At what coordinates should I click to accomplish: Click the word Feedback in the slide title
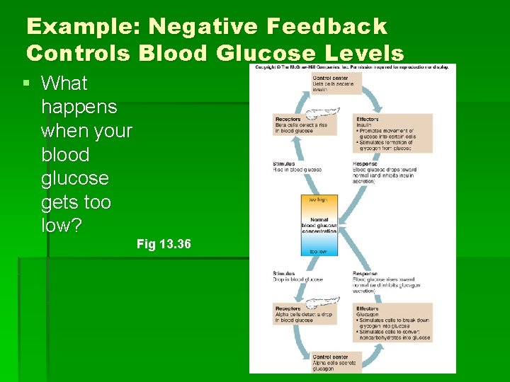click(x=327, y=27)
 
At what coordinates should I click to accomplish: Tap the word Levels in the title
click(x=364, y=53)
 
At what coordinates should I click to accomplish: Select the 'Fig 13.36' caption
click(x=164, y=244)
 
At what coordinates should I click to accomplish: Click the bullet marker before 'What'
click(x=26, y=83)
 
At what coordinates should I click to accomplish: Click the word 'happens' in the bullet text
click(x=79, y=108)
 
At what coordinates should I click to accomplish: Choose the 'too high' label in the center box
click(x=319, y=200)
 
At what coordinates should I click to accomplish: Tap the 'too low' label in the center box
click(x=319, y=250)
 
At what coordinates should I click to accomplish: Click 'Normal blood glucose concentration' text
click(x=319, y=225)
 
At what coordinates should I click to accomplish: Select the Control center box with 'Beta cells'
click(x=336, y=83)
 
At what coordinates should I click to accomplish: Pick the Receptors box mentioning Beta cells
click(x=303, y=125)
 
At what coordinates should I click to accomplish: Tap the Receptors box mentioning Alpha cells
click(x=303, y=314)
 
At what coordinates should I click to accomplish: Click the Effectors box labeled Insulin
click(x=384, y=133)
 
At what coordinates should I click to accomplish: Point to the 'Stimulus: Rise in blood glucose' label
click(x=297, y=167)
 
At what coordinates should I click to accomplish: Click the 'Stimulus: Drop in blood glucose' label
click(x=297, y=277)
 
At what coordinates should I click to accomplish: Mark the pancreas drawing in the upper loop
click(x=323, y=112)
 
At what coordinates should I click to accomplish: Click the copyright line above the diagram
click(x=352, y=67)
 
